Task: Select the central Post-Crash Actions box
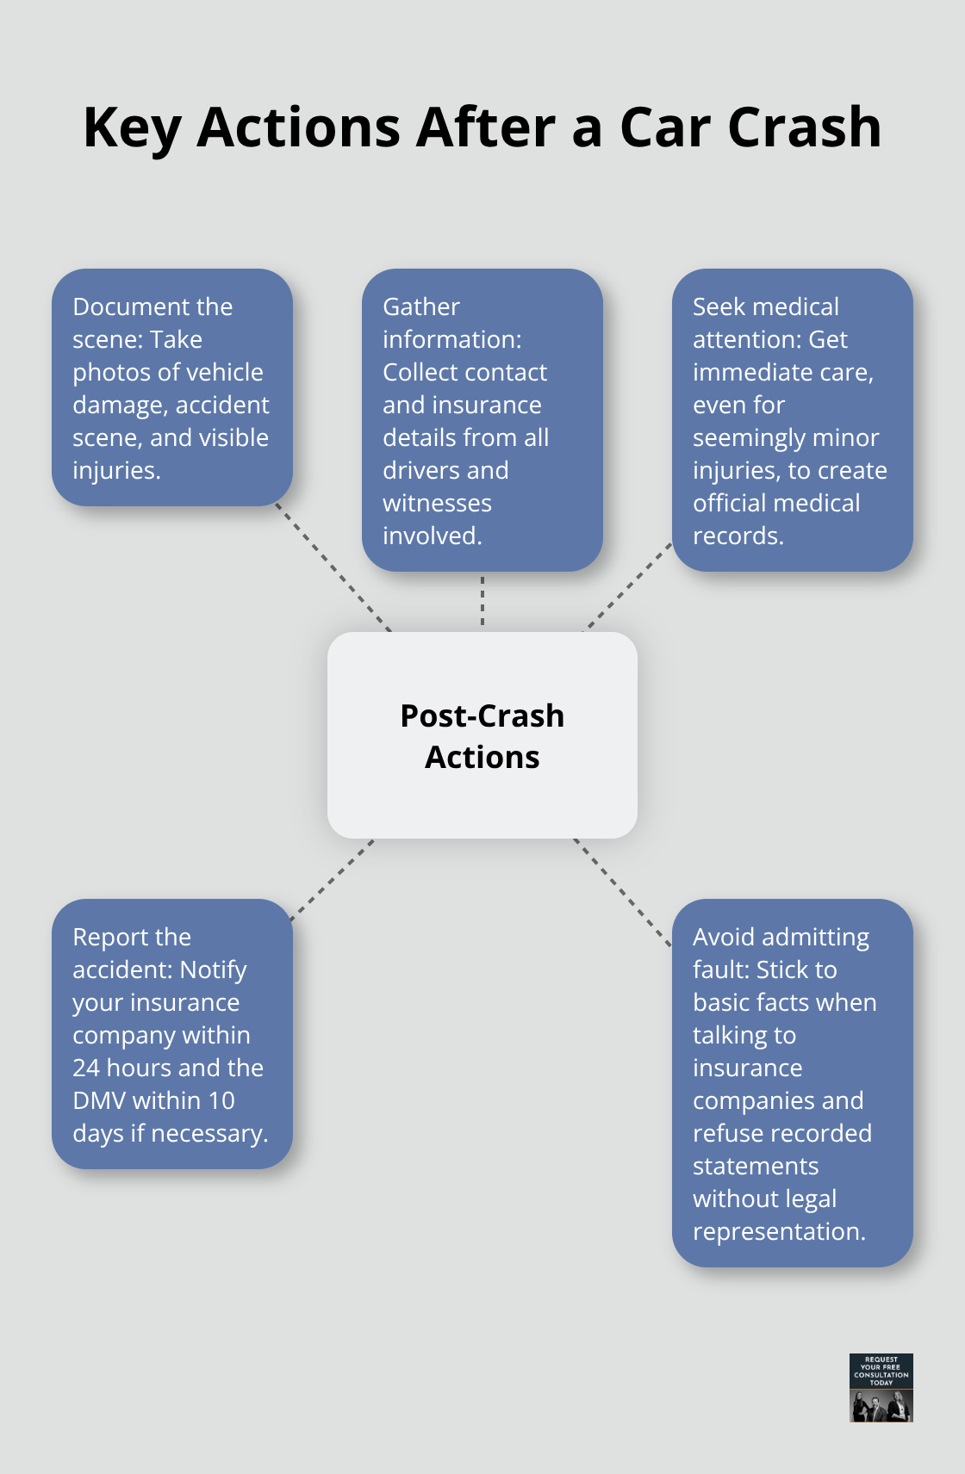point(482,735)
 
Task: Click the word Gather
point(421,307)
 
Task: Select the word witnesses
point(437,504)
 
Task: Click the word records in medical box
point(738,536)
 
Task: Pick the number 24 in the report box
point(86,1068)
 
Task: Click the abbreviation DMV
point(100,1101)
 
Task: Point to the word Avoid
point(725,938)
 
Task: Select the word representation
point(778,1232)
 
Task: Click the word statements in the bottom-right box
point(756,1167)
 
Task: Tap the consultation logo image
point(881,1387)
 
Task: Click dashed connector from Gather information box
point(482,601)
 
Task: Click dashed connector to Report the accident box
point(333,880)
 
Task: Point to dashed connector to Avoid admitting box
point(622,892)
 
